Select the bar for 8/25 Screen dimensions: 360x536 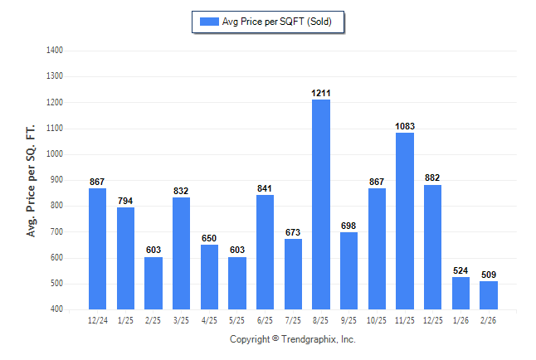click(321, 204)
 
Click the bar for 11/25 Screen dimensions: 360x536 click(405, 221)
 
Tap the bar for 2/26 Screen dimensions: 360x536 click(489, 294)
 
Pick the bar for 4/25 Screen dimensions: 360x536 click(209, 276)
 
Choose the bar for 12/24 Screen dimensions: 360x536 click(98, 248)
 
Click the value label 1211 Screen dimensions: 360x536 click(321, 93)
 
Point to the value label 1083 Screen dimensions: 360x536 click(405, 126)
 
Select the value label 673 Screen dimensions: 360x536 click(293, 232)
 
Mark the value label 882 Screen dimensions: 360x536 click(432, 178)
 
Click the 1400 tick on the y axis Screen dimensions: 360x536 click(56, 50)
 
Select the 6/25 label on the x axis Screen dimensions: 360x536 click(265, 319)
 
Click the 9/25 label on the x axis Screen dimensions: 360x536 click(348, 319)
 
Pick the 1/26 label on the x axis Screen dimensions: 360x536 click(460, 319)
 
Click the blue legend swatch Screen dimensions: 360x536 click(207, 22)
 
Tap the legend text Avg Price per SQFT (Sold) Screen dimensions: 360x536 click(276, 22)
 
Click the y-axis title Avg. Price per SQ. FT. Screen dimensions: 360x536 click(32, 180)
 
